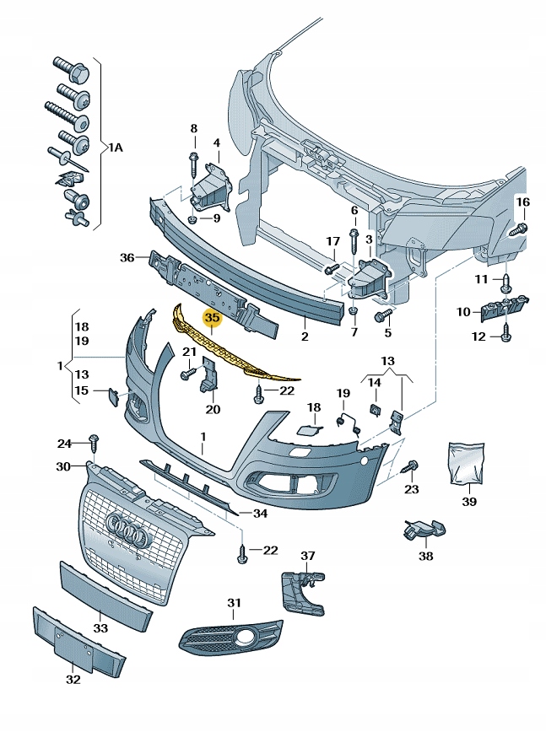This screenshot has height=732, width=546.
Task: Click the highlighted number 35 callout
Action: click(x=212, y=318)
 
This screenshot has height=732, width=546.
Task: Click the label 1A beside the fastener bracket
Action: click(x=115, y=148)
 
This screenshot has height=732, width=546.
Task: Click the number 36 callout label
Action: click(x=127, y=257)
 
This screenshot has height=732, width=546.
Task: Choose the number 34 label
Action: click(x=260, y=512)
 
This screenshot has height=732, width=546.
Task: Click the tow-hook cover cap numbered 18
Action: click(x=307, y=429)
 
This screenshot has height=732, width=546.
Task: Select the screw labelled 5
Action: click(x=381, y=316)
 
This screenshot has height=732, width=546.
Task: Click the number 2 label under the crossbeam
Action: click(x=305, y=336)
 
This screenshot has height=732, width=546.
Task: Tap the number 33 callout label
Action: click(x=100, y=629)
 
